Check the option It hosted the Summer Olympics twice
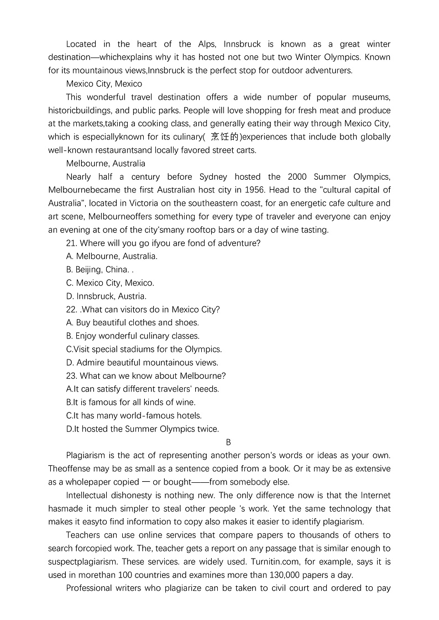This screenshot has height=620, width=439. click(142, 429)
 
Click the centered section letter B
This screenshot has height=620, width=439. click(228, 442)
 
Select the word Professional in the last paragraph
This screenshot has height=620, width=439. click(91, 588)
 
